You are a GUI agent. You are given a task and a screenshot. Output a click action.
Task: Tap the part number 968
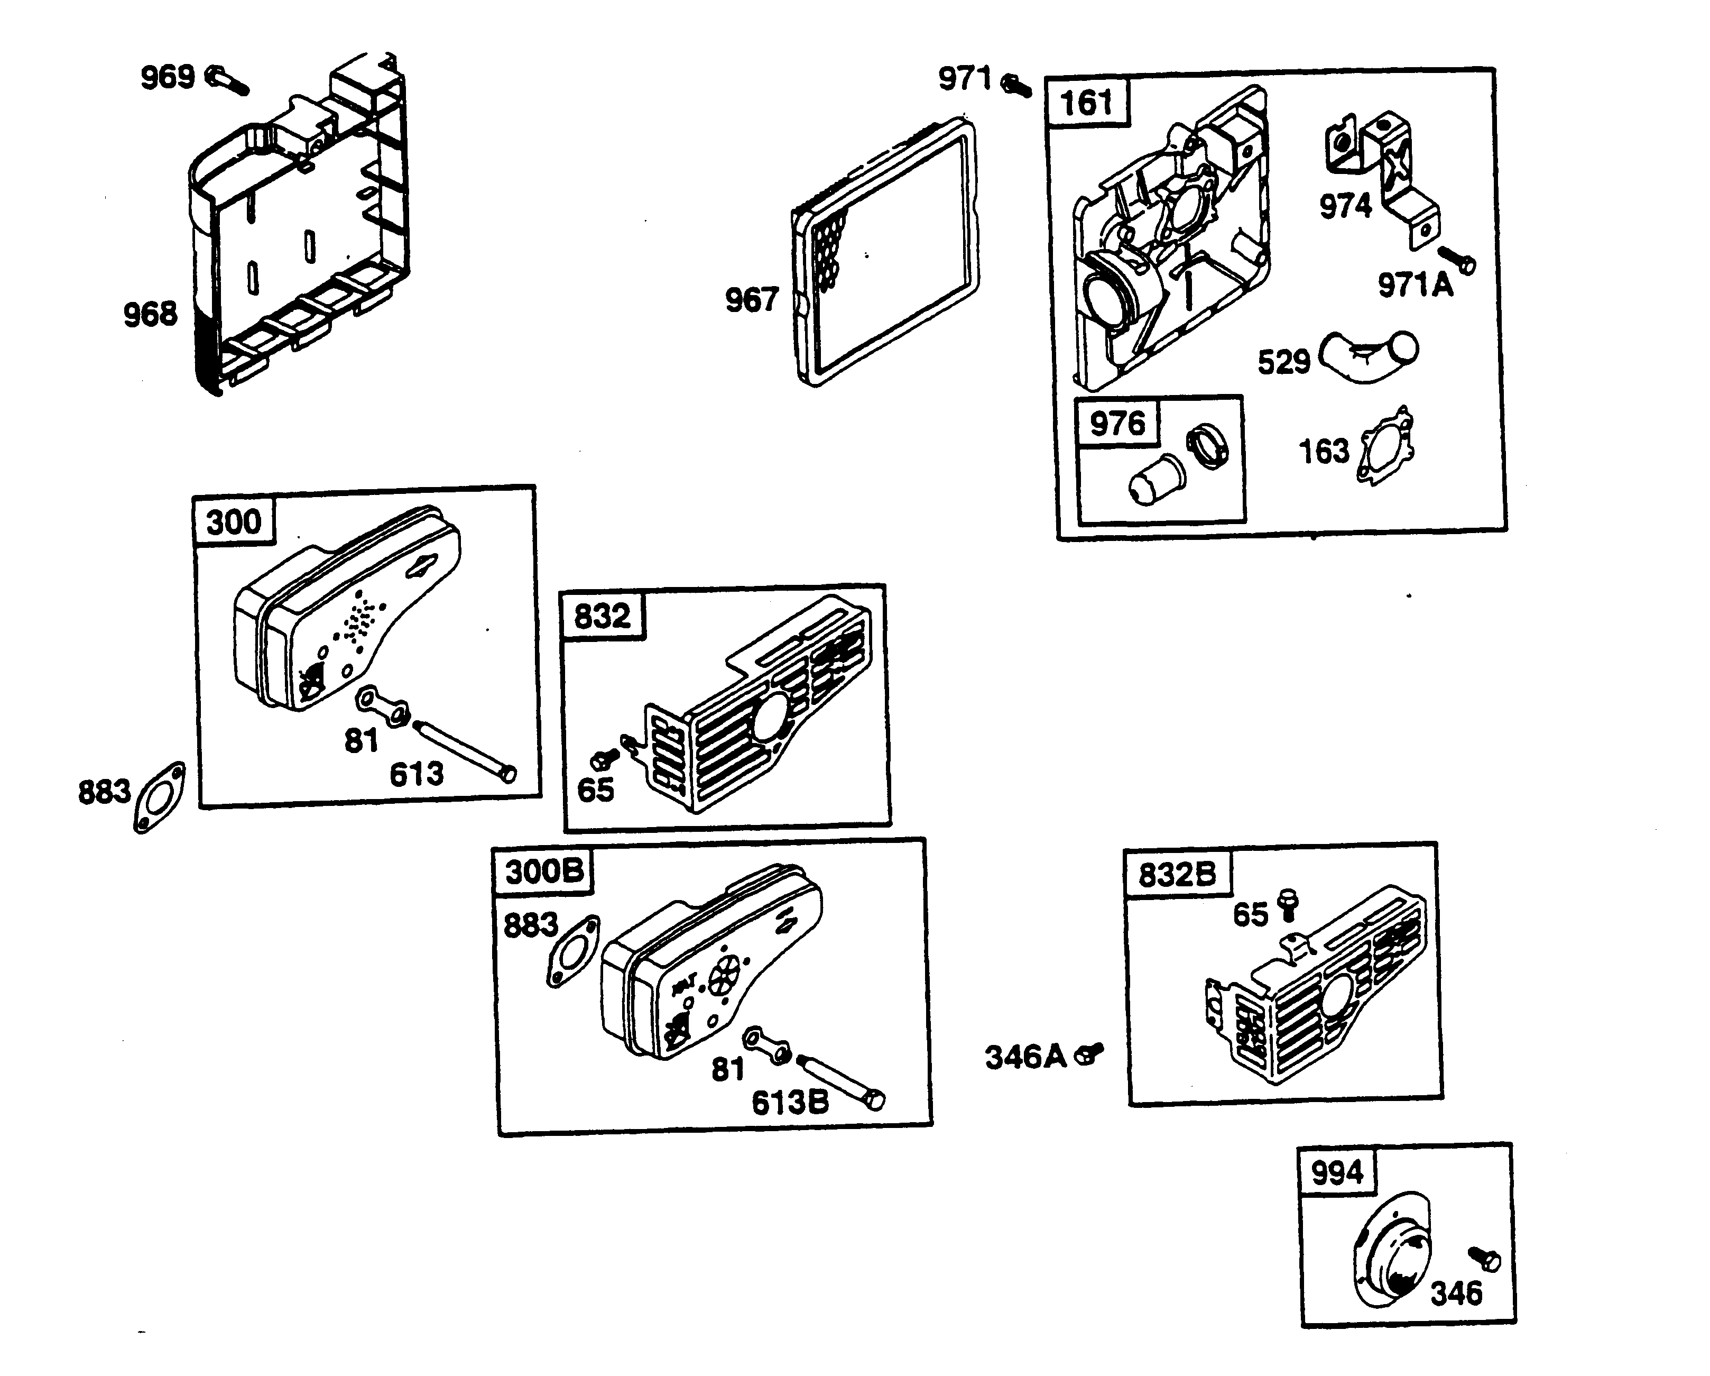150,314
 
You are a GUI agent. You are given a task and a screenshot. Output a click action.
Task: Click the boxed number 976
1117,424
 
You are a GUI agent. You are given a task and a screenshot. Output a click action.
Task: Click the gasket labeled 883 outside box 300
160,797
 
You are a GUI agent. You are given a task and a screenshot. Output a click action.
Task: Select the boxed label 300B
544,872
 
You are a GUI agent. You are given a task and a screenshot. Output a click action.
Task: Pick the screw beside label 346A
1088,1054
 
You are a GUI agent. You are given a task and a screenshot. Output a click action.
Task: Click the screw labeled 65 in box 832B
1289,903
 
